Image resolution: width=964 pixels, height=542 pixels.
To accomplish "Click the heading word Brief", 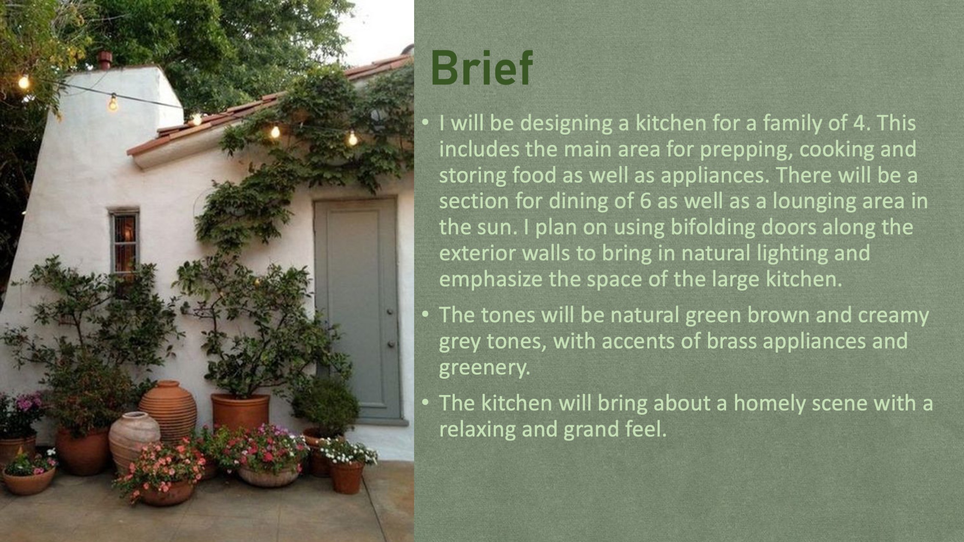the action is click(x=482, y=68).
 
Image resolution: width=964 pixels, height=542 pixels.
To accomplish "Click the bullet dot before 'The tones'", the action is click(x=425, y=315).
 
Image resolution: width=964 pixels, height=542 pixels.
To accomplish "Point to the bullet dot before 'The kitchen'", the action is click(x=425, y=403).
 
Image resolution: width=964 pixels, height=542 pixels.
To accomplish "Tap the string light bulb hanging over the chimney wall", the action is click(x=113, y=103).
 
